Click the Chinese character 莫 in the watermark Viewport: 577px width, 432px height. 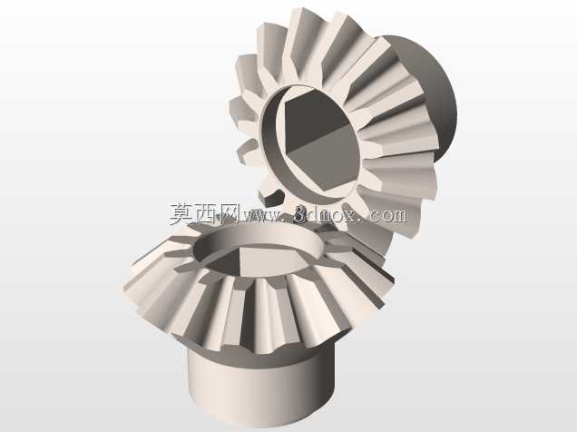[182, 214]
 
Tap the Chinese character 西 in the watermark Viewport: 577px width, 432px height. [207, 214]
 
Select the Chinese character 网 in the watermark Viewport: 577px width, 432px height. [230, 214]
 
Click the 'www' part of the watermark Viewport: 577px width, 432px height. [261, 216]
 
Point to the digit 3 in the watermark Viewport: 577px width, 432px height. [301, 214]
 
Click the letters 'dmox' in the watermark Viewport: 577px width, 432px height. [332, 214]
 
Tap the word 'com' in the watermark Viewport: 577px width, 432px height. [388, 215]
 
